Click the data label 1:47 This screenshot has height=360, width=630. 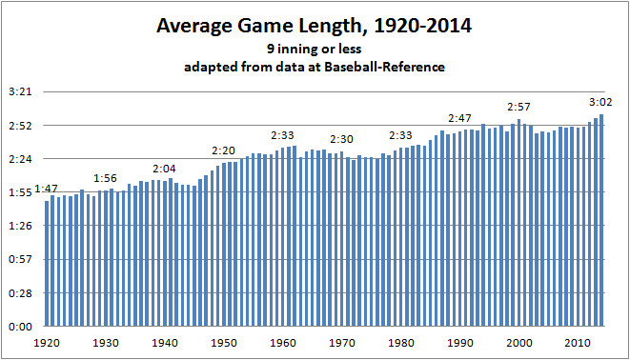coord(47,190)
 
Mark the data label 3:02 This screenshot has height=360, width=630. coord(600,102)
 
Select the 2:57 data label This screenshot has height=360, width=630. coord(518,107)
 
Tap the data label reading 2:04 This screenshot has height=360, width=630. coord(165,168)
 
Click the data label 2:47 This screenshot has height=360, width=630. coord(459,118)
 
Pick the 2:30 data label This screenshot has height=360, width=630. coord(342,139)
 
